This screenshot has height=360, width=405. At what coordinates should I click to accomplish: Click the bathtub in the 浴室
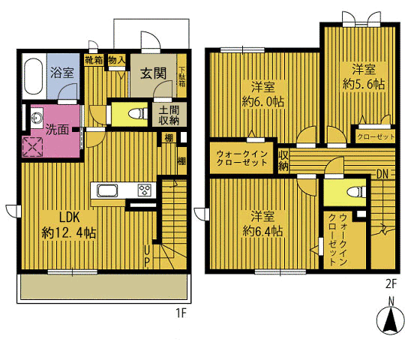tap(33, 76)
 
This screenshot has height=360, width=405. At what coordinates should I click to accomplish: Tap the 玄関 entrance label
tap(153, 73)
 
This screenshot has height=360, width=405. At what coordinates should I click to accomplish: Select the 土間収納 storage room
tap(169, 115)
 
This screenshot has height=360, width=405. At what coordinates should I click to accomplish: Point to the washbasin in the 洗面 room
tap(35, 118)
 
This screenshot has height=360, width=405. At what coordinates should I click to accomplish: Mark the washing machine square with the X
tap(33, 147)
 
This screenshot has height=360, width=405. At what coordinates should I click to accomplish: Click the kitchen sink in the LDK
tap(107, 190)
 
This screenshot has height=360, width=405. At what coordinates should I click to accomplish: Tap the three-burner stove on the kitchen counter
tap(145, 190)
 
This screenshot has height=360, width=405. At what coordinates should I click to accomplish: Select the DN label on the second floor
tap(382, 175)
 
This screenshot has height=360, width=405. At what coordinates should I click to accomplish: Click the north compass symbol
tap(390, 319)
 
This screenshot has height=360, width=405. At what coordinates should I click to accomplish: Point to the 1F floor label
tap(181, 313)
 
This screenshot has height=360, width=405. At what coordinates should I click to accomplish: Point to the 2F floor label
tap(391, 284)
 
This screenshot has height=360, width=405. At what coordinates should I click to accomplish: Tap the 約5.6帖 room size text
tap(364, 84)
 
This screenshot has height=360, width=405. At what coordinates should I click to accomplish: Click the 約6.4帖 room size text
tap(262, 231)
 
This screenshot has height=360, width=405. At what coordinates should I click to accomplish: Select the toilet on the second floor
tap(356, 193)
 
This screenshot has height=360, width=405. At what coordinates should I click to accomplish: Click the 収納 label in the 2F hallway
tap(283, 161)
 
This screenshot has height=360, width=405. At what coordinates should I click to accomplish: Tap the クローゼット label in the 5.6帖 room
tap(376, 136)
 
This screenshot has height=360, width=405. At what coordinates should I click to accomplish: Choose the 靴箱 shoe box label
tap(94, 61)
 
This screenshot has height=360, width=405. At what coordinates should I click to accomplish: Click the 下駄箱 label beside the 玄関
tap(182, 76)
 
